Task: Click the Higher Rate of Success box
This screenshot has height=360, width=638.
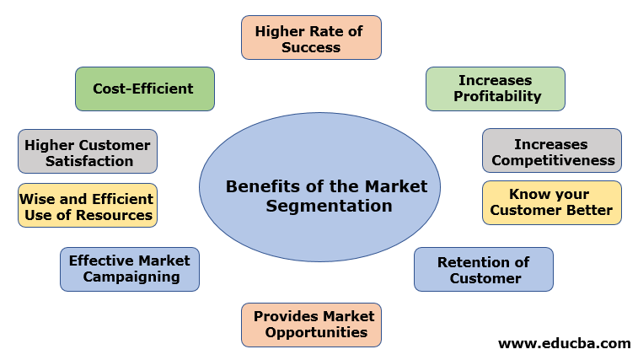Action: (311, 38)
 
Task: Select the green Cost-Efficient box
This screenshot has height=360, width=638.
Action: (144, 89)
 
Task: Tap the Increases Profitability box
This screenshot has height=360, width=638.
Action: (495, 89)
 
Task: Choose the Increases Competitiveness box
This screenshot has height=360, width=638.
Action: (552, 151)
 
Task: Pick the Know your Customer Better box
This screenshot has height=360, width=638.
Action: (552, 202)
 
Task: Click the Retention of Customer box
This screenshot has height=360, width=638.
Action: (484, 270)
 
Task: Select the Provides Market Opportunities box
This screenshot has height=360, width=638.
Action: (312, 325)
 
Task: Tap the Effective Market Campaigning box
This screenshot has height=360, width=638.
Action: (130, 269)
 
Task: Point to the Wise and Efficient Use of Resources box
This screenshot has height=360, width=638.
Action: (88, 207)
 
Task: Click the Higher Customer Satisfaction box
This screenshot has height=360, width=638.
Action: (88, 152)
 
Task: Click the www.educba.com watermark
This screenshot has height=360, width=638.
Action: (564, 343)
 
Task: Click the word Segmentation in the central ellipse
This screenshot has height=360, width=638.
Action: (330, 206)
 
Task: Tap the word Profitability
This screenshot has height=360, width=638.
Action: (497, 96)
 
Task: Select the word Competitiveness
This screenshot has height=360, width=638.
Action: (553, 159)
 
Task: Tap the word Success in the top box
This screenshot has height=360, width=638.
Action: (311, 46)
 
